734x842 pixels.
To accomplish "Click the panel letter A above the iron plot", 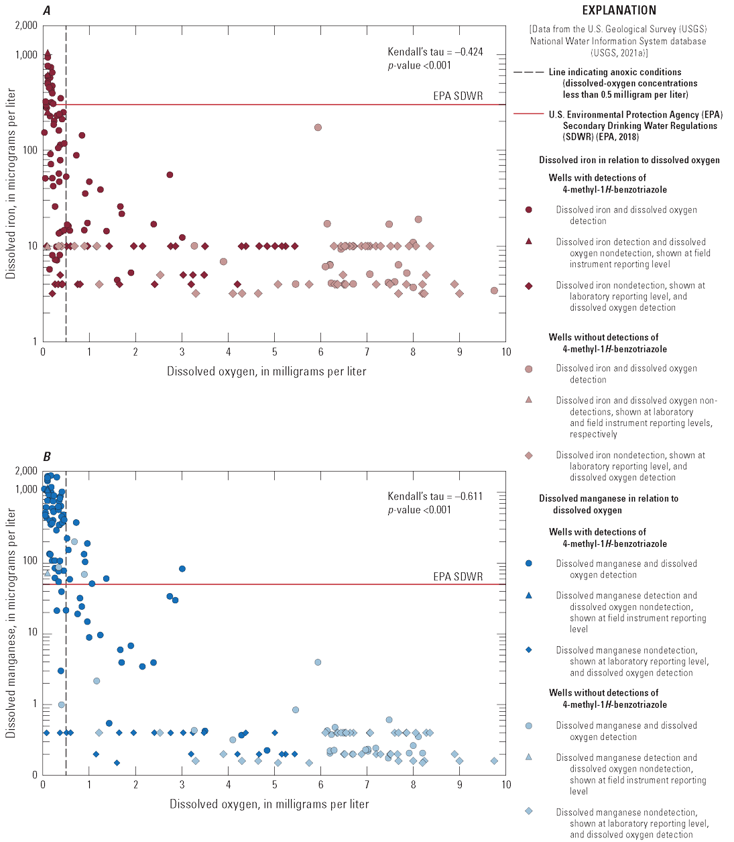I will point(46,11).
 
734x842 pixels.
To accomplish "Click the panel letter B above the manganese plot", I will point(46,457).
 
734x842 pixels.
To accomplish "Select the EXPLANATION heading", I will point(619,10).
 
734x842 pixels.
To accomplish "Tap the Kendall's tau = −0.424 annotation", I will point(435,52).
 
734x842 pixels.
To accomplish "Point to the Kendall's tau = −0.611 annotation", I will point(435,496).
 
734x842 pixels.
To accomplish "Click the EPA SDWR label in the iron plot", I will point(458,96).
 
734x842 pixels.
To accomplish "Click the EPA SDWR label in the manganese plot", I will point(458,576).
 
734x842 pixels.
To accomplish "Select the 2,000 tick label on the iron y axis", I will point(27,25).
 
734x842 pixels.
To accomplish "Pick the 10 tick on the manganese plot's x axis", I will point(505,784).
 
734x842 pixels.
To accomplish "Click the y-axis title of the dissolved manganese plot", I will point(11,623).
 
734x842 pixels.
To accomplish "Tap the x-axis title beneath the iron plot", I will point(267,371).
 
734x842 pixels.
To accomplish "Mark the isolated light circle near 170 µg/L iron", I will point(318,127).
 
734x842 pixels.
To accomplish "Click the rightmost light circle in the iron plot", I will point(494,291).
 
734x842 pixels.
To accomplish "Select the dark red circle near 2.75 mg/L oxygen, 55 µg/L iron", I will point(170,175).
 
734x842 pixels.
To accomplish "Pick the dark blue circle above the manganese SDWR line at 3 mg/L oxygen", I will point(182,569).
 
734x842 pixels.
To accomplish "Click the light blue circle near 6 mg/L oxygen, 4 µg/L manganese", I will point(318,662).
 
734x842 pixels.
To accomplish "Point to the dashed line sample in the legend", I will point(529,72).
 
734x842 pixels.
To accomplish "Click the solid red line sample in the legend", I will point(529,114).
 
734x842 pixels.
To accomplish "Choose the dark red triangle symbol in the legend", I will point(529,242).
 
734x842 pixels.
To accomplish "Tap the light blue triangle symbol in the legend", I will point(529,757).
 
